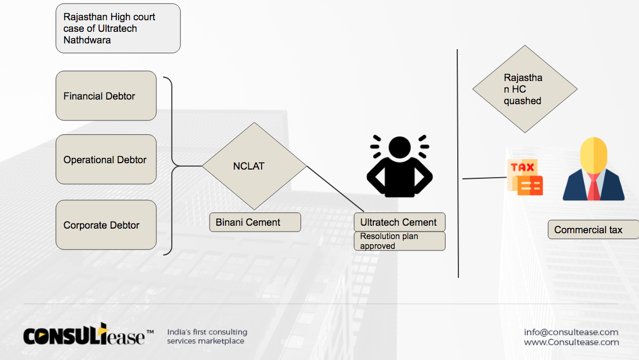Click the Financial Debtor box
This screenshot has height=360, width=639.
pyautogui.click(x=106, y=96)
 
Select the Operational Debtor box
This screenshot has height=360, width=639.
pyautogui.click(x=106, y=159)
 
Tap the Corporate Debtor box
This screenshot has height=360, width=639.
pyautogui.click(x=106, y=225)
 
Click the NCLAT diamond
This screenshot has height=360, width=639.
pyautogui.click(x=254, y=166)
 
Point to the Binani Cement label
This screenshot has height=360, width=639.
pyautogui.click(x=255, y=222)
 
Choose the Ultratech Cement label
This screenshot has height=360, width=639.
pyautogui.click(x=399, y=222)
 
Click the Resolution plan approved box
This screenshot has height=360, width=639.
pyautogui.click(x=399, y=241)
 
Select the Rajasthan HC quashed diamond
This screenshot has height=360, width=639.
pyautogui.click(x=525, y=89)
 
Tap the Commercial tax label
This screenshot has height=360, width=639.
pyautogui.click(x=593, y=230)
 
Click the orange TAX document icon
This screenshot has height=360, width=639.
pyautogui.click(x=525, y=177)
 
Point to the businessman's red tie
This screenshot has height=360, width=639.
pyautogui.click(x=594, y=188)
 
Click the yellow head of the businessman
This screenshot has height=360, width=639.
pyautogui.click(x=594, y=155)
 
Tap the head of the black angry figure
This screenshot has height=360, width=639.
pyautogui.click(x=399, y=147)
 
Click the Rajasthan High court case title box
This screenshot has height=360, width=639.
pyautogui.click(x=118, y=28)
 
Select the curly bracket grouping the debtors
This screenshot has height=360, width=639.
pyautogui.click(x=172, y=166)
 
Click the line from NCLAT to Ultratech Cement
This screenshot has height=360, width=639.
pyautogui.click(x=335, y=189)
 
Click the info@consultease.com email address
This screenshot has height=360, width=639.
pyautogui.click(x=571, y=332)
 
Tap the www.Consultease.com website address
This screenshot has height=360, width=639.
pyautogui.click(x=571, y=342)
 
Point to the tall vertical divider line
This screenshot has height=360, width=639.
pyautogui.click(x=458, y=163)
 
